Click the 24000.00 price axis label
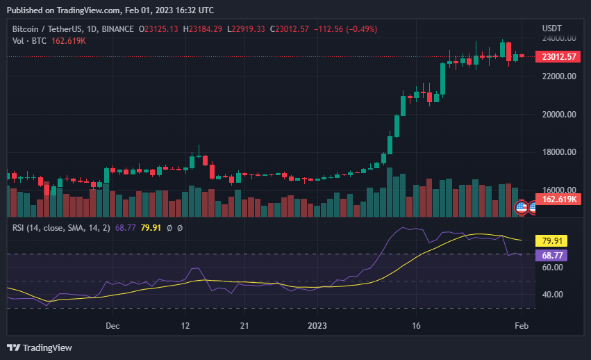tap(558, 39)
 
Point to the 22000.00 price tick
tap(558, 76)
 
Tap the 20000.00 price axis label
tap(558, 114)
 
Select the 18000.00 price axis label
tap(558, 152)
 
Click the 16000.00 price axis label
tap(558, 190)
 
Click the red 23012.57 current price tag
tap(558, 57)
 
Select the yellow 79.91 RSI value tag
tap(552, 241)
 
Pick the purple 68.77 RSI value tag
tap(552, 255)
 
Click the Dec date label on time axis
tap(113, 325)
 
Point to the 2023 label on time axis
tap(317, 325)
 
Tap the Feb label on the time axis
tap(522, 325)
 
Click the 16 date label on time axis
tap(416, 325)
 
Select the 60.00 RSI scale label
tap(554, 268)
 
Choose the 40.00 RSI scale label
tap(554, 295)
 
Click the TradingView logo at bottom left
tap(40, 347)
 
